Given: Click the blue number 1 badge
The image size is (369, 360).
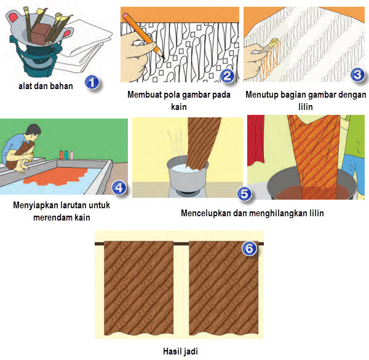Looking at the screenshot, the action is [x=92, y=82].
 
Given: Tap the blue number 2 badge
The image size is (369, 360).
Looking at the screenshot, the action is [x=227, y=76].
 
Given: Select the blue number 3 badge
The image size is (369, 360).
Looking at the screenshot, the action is [x=357, y=75].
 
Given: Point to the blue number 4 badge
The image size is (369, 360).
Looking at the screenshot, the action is [x=119, y=187].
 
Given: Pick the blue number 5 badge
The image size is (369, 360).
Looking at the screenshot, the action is [x=244, y=194].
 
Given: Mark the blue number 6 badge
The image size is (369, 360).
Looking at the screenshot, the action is [x=249, y=248].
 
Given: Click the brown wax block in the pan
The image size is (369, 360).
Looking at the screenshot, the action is [x=41, y=34].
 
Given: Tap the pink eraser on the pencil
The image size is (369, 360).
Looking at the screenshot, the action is [x=125, y=16].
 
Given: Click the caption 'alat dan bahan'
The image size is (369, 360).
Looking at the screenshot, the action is [x=46, y=86].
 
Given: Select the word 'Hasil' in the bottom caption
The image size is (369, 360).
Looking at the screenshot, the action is [x=172, y=351].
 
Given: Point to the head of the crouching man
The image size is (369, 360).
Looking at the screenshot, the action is [x=34, y=132].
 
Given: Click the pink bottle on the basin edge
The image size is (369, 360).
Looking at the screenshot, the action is [x=72, y=155].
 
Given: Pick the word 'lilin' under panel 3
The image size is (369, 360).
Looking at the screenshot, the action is [x=306, y=107].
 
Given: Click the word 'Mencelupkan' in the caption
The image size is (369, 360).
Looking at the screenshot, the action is [x=206, y=213].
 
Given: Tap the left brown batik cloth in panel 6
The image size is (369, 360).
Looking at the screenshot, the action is [x=139, y=288].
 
